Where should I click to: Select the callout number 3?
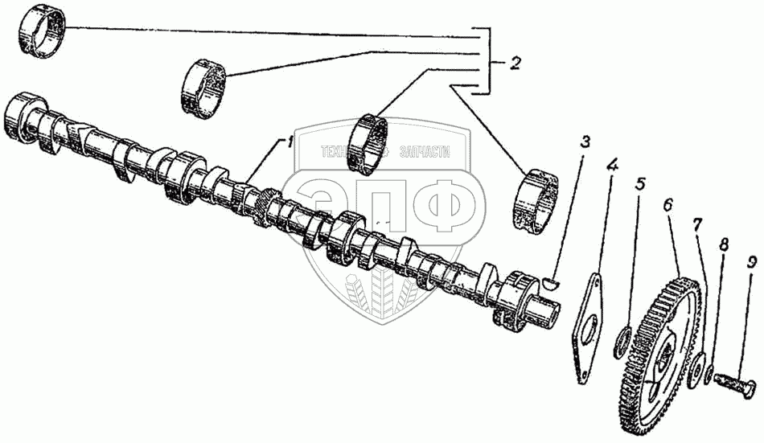click(x=585, y=143)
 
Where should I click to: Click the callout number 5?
click(x=640, y=183)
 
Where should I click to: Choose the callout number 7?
click(x=697, y=222)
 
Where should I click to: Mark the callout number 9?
click(x=751, y=263)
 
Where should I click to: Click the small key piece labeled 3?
click(x=551, y=281)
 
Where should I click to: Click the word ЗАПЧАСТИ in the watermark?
click(x=421, y=151)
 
